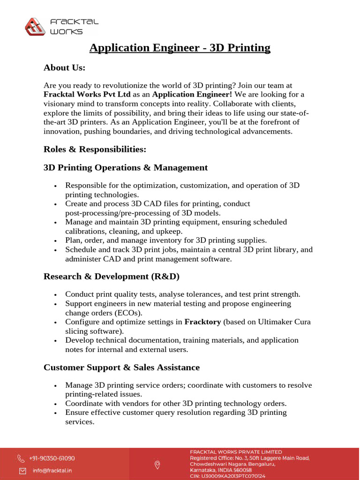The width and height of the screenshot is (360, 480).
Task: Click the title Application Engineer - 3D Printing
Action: point(180,48)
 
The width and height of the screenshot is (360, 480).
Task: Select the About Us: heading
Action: point(64,67)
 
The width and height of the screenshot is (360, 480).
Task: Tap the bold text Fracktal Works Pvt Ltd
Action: point(87,95)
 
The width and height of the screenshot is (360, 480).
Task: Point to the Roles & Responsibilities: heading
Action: point(95,149)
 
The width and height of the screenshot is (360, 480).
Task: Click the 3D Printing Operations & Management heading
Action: point(125,167)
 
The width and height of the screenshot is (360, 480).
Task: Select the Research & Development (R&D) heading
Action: point(111,277)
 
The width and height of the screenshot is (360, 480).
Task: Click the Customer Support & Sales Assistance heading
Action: point(121,367)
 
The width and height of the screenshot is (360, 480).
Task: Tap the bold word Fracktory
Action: point(203,322)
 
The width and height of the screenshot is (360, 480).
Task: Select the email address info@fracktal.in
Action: point(52,470)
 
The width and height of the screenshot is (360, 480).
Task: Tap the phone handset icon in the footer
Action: point(22,458)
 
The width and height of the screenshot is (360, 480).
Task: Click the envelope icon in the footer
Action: point(22,470)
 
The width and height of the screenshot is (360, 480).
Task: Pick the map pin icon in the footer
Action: point(157,465)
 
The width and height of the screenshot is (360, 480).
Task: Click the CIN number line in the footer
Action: point(227,476)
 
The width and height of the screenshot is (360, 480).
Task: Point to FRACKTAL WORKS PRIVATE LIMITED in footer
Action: point(236,452)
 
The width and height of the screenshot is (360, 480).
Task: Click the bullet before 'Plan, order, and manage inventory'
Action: point(56,241)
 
